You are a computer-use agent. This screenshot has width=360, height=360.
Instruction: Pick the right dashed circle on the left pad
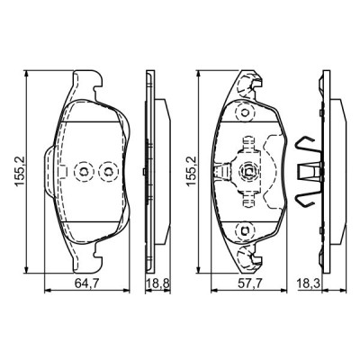point(108,171)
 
